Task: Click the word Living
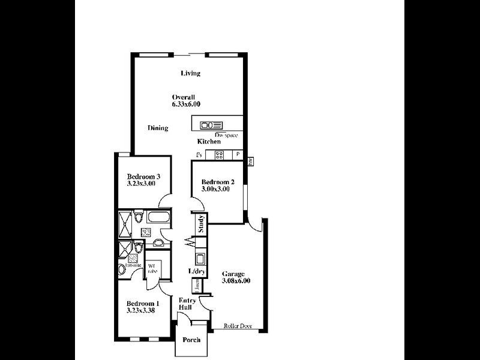pyautogui.click(x=191, y=73)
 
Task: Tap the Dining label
pyautogui.click(x=158, y=128)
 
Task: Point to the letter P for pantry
pyautogui.click(x=238, y=155)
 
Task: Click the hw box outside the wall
pyautogui.click(x=251, y=160)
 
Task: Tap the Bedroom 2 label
pyautogui.click(x=217, y=182)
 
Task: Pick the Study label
pyautogui.click(x=202, y=227)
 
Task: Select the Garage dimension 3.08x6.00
pyautogui.click(x=236, y=281)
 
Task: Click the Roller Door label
pyautogui.click(x=236, y=326)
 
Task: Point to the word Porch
pyautogui.click(x=191, y=340)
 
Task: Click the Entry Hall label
pyautogui.click(x=186, y=303)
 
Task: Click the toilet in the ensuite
pyautogui.click(x=122, y=269)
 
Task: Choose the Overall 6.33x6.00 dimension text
pyautogui.click(x=185, y=100)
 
